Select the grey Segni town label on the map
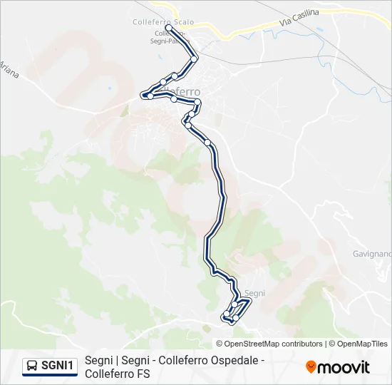(254, 293)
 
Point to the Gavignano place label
(372, 254)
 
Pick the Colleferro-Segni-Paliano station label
(170, 38)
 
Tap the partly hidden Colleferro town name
(187, 92)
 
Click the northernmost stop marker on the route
(169, 29)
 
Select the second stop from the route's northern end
(194, 59)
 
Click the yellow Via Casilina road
(235, 32)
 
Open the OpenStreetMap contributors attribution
(269, 344)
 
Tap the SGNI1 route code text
(58, 366)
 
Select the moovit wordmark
(344, 367)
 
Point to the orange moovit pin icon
(311, 367)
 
